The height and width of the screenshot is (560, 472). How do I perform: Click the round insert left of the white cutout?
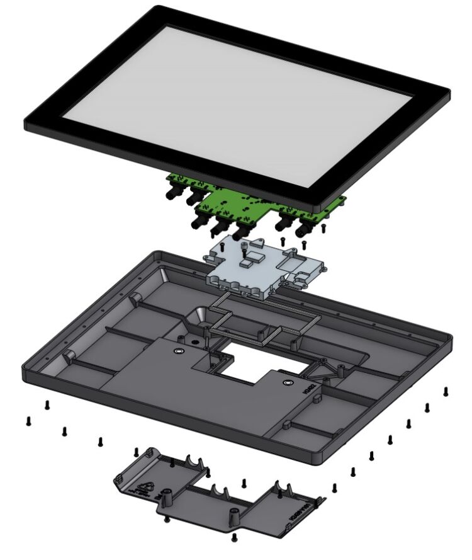click(x=179, y=351)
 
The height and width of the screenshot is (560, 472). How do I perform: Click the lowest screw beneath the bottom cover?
click(x=235, y=537)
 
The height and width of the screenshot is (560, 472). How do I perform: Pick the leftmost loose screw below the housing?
click(x=28, y=421)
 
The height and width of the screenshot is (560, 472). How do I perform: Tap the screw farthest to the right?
click(x=446, y=391)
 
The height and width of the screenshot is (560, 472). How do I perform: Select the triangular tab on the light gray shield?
click(x=256, y=242)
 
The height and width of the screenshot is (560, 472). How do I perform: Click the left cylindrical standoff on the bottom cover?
click(x=168, y=495)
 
